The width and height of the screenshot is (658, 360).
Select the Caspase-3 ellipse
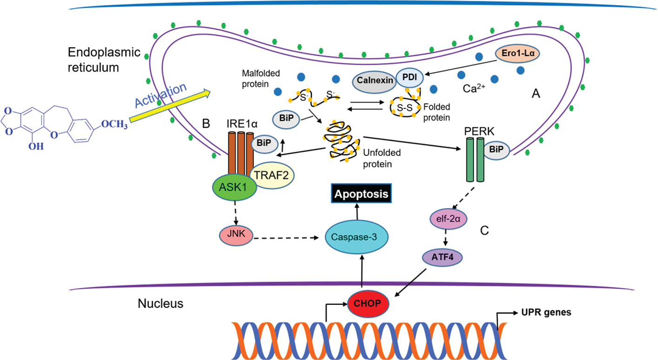(357, 237)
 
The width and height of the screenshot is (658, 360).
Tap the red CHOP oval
(368, 303)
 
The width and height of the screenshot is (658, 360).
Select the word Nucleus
(160, 304)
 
